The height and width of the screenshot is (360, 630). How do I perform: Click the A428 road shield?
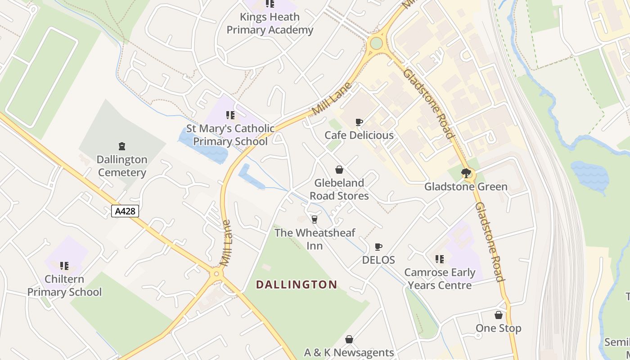pyautogui.click(x=125, y=211)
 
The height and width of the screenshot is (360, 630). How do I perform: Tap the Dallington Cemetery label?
pyautogui.click(x=122, y=166)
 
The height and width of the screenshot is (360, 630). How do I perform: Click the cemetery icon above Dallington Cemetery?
pyautogui.click(x=121, y=146)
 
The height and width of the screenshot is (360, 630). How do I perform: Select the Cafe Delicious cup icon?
pyautogui.click(x=359, y=122)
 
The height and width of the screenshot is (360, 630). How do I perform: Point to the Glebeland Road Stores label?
pyautogui.click(x=339, y=189)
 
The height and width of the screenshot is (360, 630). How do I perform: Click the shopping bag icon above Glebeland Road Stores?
pyautogui.click(x=339, y=170)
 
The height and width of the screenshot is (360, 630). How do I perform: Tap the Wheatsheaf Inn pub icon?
pyautogui.click(x=315, y=219)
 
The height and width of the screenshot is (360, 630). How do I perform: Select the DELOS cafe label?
pyautogui.click(x=378, y=260)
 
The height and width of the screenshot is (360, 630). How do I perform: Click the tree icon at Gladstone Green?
pyautogui.click(x=466, y=173)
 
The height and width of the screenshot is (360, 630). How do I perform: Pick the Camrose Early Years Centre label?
pyautogui.click(x=439, y=279)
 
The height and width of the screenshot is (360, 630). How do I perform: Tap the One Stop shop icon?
pyautogui.click(x=499, y=315)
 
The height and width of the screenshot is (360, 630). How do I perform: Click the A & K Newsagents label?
pyautogui.click(x=349, y=352)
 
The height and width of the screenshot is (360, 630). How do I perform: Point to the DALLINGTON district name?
pyautogui.click(x=297, y=284)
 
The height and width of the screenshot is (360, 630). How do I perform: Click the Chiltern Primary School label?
pyautogui.click(x=64, y=285)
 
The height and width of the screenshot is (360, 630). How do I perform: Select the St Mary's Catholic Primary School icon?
pyautogui.click(x=230, y=115)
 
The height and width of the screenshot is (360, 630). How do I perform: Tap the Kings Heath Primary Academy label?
pyautogui.click(x=270, y=23)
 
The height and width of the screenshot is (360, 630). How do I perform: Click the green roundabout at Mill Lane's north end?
pyautogui.click(x=376, y=43)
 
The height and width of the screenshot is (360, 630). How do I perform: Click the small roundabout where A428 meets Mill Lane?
pyautogui.click(x=216, y=273)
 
